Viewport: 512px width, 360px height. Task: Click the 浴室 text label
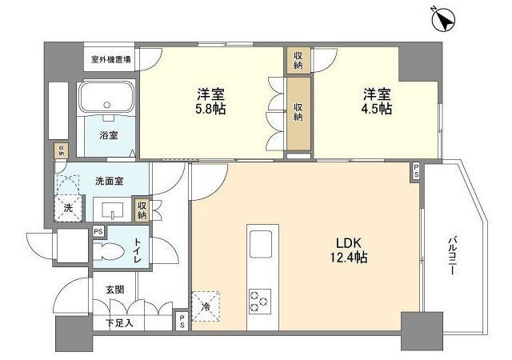click(x=109, y=135)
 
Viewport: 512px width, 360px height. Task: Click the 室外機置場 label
click(x=111, y=59)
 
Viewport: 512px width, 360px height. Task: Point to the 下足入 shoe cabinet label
click(x=119, y=323)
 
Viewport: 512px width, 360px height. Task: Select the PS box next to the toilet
click(x=98, y=231)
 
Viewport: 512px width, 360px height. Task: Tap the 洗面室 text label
click(x=108, y=181)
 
